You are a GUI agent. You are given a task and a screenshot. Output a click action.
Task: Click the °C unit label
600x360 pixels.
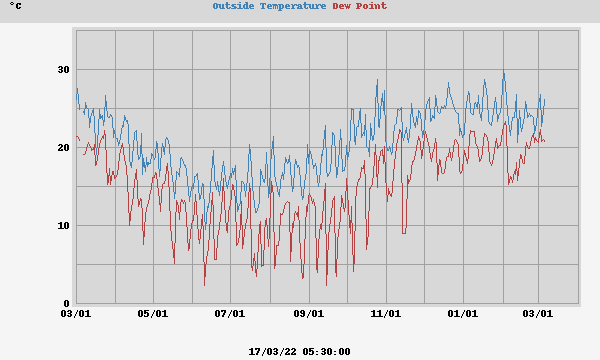[16, 6]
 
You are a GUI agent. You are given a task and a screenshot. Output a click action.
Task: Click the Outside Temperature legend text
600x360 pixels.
[269, 6]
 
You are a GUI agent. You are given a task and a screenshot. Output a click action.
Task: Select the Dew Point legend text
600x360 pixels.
[359, 6]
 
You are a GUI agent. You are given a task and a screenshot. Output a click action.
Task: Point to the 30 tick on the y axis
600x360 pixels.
[63, 70]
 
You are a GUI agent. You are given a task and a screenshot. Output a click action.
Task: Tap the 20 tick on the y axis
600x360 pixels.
[63, 148]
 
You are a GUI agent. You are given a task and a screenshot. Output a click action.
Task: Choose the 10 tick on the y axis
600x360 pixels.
[63, 226]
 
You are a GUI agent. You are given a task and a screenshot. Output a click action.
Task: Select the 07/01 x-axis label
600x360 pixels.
[230, 314]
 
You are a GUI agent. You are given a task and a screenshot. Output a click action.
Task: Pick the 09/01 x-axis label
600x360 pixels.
[308, 314]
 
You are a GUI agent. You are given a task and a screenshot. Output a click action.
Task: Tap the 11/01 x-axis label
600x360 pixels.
[386, 314]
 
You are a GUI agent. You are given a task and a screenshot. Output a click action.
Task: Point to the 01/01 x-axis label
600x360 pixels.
[463, 314]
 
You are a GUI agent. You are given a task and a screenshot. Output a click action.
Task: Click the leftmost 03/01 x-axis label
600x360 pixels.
[76, 314]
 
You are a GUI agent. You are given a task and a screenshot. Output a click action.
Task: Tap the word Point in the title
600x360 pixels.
[372, 6]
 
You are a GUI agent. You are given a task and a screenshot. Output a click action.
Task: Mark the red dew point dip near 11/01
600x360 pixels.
[404, 232]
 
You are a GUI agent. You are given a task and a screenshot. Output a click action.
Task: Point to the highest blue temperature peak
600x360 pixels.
[504, 73]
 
